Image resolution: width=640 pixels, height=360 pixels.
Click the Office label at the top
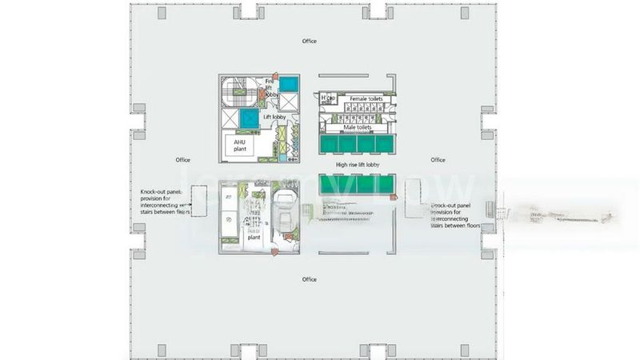pos(309,40)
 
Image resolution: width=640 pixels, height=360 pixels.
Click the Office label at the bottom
pos(309,279)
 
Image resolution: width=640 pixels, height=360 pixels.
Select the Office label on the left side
pos(182,160)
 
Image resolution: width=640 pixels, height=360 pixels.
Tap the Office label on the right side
pos(438,160)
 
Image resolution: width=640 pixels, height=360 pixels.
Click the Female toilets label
pos(363,99)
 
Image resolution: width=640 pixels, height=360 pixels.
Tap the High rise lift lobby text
pos(358,166)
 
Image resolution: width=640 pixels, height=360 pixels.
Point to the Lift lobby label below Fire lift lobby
pos(275,117)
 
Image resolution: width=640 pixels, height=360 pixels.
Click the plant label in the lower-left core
pos(254,238)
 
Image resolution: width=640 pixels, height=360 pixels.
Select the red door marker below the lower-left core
pos(274,253)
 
